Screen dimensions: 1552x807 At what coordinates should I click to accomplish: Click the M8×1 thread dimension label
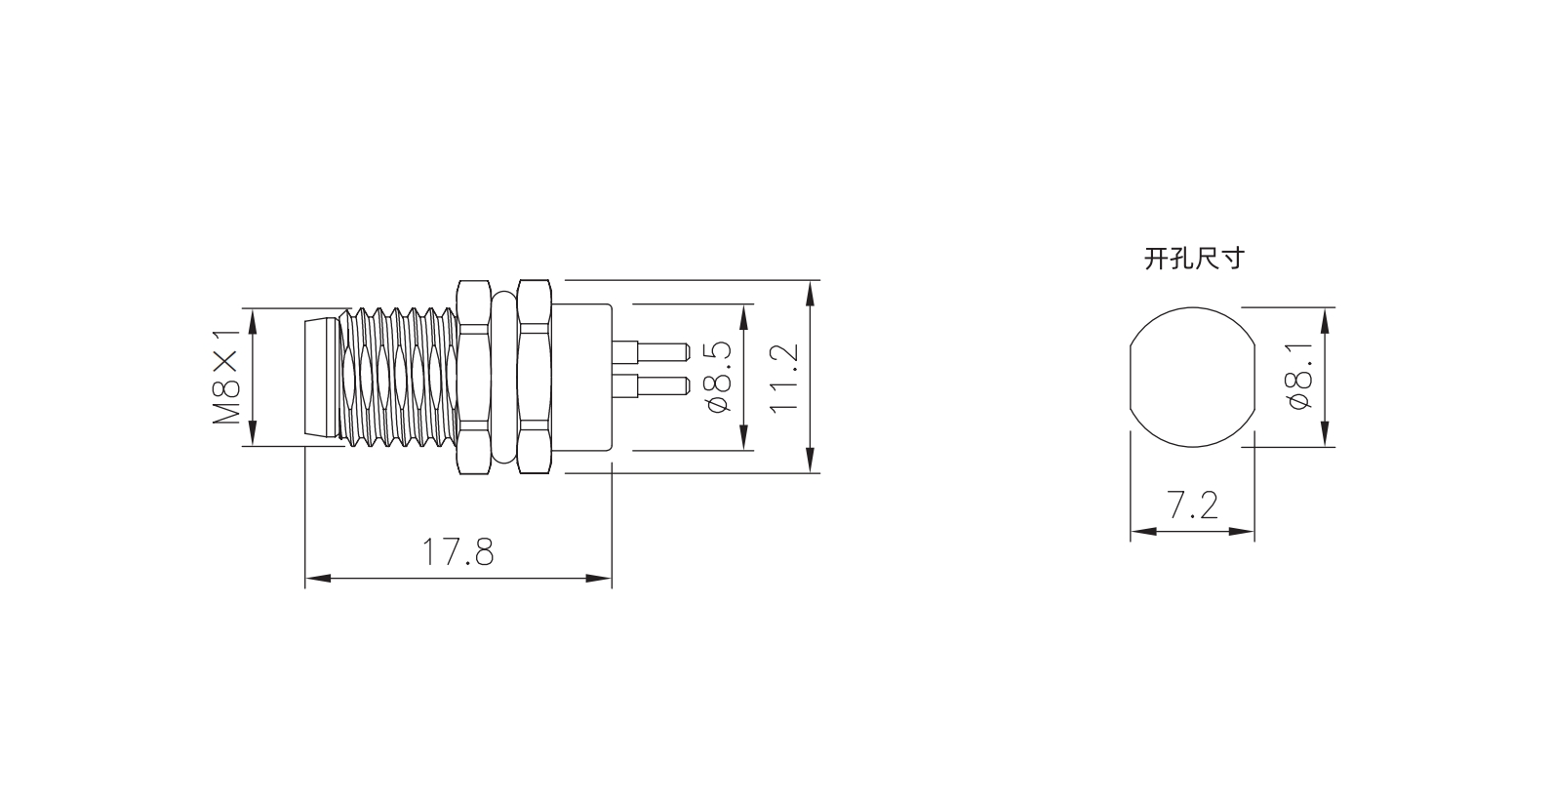226,378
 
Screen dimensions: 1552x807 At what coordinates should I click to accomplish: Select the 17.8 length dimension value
458,552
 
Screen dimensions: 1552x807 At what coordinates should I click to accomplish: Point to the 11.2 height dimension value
784,379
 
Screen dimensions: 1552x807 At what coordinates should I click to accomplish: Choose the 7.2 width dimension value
1193,504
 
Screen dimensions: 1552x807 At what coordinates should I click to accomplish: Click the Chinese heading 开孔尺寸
1194,259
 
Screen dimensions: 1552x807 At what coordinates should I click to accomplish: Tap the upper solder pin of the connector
652,352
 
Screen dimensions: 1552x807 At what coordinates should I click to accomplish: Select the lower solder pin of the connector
652,386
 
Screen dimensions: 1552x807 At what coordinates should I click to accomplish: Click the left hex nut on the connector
474,378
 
